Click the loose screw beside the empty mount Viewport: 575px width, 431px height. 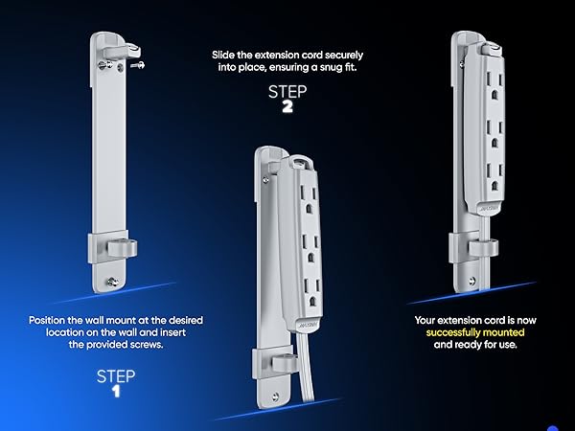(137, 65)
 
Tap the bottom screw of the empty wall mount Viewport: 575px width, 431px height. (112, 283)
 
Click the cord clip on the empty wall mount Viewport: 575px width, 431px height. (122, 248)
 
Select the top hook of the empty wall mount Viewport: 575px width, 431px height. (122, 51)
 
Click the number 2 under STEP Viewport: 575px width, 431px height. (287, 106)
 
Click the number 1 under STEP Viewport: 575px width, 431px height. (116, 392)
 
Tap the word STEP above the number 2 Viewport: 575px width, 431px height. (287, 92)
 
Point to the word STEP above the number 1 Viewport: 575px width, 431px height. (116, 376)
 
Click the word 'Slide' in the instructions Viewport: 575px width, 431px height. (223, 55)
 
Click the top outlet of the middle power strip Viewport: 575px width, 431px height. (309, 200)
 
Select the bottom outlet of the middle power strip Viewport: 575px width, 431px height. (311, 293)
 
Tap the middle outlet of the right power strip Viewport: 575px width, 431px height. (494, 133)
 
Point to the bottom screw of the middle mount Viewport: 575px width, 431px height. (275, 397)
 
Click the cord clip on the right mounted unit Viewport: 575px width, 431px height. (484, 248)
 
